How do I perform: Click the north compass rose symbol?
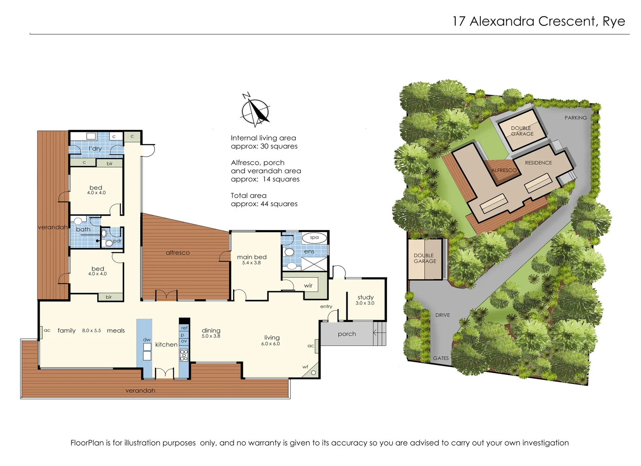[255, 110]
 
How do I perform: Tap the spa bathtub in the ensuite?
[314, 237]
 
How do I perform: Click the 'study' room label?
[365, 297]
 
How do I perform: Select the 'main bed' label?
[252, 257]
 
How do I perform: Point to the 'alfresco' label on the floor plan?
[177, 253]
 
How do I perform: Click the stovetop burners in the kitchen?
[184, 355]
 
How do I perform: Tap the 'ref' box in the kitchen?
[184, 328]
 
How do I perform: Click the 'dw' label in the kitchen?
[147, 340]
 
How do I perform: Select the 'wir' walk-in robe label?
[308, 286]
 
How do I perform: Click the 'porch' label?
[347, 334]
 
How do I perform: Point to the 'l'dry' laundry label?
[95, 148]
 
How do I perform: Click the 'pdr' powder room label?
[117, 241]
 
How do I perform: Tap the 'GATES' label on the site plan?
[441, 358]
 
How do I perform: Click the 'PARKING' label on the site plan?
[576, 118]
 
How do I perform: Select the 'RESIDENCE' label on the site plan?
[538, 163]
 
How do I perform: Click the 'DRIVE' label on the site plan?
[442, 315]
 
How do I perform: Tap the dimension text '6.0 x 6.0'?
[270, 344]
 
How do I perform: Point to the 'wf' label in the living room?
[305, 367]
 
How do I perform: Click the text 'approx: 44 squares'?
[264, 204]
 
